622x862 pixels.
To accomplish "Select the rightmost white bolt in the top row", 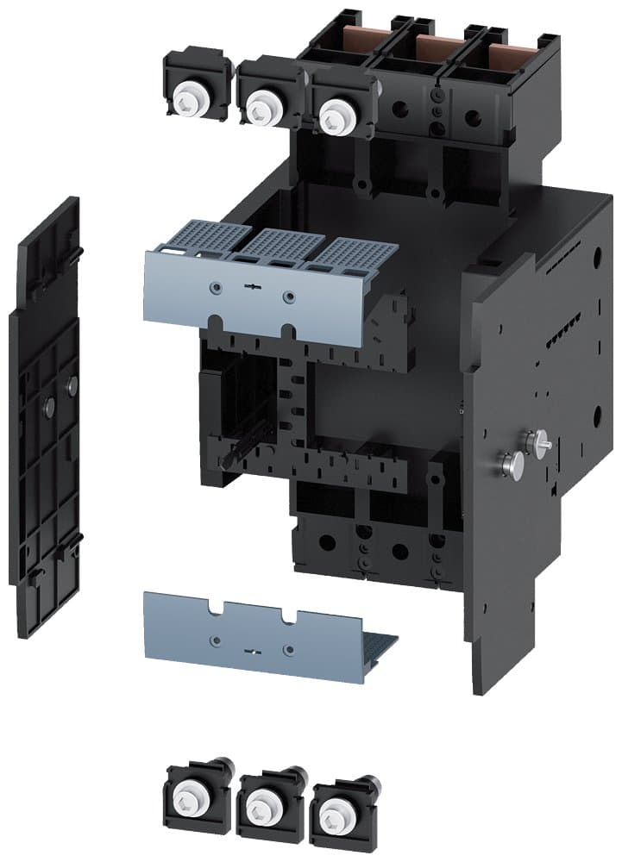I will (332, 116).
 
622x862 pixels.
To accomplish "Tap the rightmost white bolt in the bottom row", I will (332, 813).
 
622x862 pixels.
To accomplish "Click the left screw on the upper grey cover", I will (216, 285).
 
